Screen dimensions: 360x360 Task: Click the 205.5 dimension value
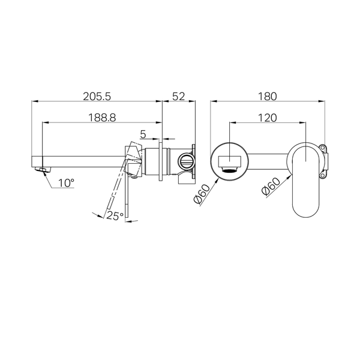pos(97,97)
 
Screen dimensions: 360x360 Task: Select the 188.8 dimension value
pos(102,118)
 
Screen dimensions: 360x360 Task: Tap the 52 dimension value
pos(178,97)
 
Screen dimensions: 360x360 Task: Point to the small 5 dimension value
pos(143,134)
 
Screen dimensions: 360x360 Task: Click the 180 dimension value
pos(268,97)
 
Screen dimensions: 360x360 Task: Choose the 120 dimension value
pos(268,118)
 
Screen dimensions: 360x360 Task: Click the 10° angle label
pos(66,183)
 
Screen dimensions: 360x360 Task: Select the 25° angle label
pos(115,216)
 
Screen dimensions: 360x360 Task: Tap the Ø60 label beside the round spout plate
pos(202,194)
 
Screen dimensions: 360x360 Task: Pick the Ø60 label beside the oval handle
pos(271,187)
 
